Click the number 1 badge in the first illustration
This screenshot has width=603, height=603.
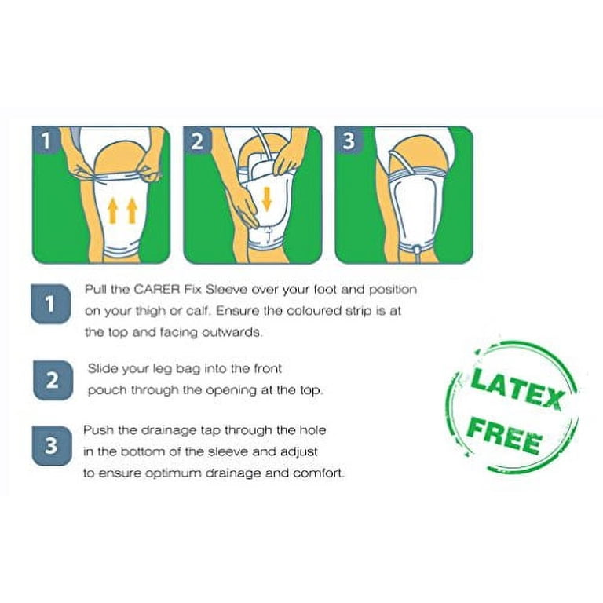(46, 141)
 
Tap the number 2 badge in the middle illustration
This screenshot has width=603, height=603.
(197, 141)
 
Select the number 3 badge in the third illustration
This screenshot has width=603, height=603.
(349, 141)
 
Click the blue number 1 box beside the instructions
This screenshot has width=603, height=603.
(51, 304)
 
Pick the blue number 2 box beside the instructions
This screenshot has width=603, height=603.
(53, 380)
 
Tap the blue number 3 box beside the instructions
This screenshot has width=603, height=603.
(52, 445)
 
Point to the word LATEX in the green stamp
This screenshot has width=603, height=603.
(517, 389)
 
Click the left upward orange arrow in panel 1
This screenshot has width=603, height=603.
(113, 210)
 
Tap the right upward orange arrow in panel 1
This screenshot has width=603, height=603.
(132, 210)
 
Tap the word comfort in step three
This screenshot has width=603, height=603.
(319, 473)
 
